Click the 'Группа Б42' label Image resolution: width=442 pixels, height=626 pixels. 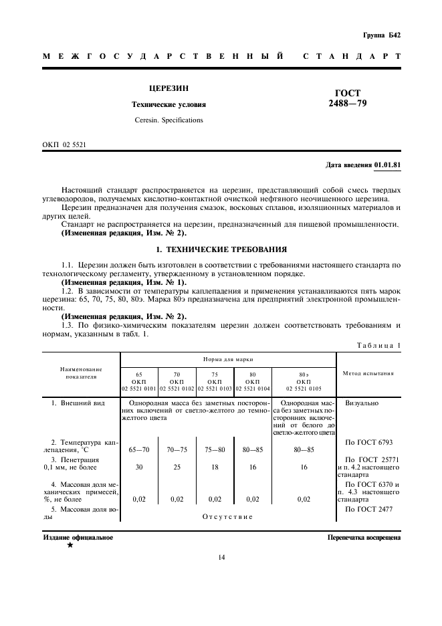[x=382, y=35]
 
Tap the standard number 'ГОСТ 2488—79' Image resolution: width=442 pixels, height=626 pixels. [x=348, y=98]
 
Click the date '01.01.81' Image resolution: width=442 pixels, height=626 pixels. [x=388, y=165]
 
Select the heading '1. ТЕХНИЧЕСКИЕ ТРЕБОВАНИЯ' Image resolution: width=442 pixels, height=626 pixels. [x=221, y=249]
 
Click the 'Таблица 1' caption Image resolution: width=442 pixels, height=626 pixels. [x=379, y=345]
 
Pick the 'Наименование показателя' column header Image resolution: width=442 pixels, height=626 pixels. [x=81, y=373]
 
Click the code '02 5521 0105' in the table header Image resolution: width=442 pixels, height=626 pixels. [x=304, y=388]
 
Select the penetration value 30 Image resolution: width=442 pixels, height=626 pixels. [x=139, y=467]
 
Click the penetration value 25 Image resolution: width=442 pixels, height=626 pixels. [x=177, y=467]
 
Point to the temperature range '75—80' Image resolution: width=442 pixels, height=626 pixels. [x=215, y=450]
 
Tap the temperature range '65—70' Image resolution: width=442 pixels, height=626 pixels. [x=139, y=450]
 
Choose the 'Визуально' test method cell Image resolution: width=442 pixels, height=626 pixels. [x=362, y=404]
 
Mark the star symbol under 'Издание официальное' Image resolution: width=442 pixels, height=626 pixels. [x=70, y=546]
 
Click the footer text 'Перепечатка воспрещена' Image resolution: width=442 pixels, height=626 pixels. [x=364, y=537]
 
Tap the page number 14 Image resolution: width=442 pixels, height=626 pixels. [x=221, y=557]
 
